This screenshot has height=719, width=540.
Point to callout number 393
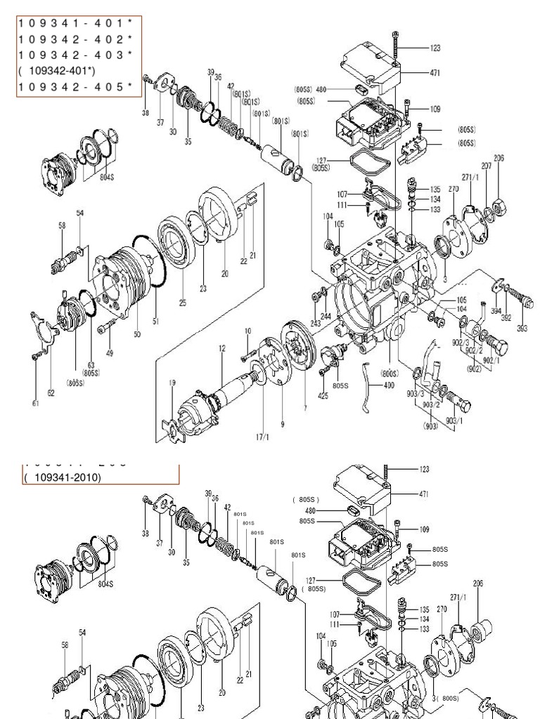click(521, 326)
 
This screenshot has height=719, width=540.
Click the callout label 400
click(388, 385)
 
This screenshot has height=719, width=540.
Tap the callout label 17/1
click(262, 435)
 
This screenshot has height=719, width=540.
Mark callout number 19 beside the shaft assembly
click(172, 383)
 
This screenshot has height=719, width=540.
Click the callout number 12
click(222, 349)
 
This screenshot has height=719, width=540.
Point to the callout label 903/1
click(455, 420)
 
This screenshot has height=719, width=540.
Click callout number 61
click(35, 403)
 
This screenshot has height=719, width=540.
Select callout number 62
click(51, 393)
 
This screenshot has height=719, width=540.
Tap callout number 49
click(109, 352)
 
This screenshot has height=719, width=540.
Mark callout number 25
click(182, 303)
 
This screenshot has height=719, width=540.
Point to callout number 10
click(247, 331)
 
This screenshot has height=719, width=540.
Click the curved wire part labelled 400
click(367, 385)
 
